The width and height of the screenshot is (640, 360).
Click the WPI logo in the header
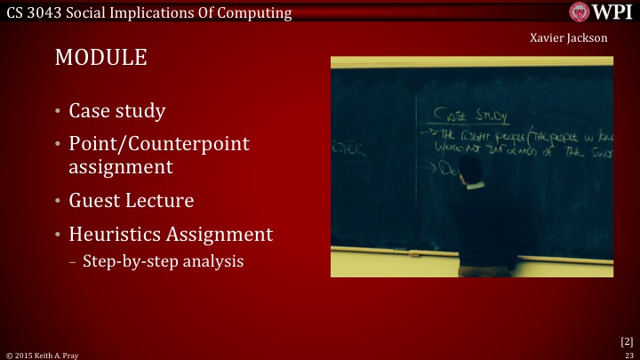603,12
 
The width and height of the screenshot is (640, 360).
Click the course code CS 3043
36,12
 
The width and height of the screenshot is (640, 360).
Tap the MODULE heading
100,59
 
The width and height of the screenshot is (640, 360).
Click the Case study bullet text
116,111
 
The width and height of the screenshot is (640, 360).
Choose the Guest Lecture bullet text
131,200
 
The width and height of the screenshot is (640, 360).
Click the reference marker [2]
626,340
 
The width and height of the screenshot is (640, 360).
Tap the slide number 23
628,354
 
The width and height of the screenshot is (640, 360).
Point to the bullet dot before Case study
57,112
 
